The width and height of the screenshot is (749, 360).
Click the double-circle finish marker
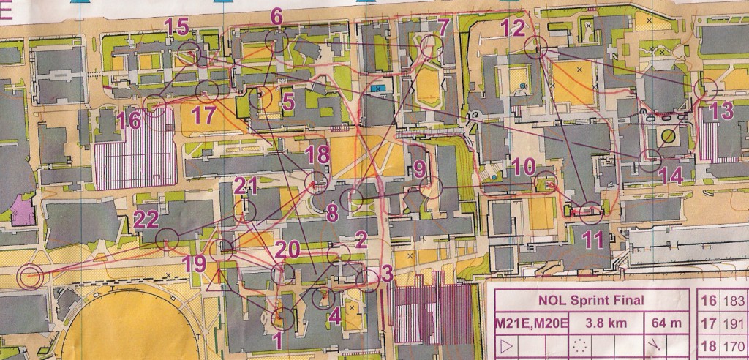click(x=29, y=277)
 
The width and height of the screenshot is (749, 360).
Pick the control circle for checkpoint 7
click(x=432, y=48)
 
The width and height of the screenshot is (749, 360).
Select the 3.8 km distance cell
click(x=598, y=321)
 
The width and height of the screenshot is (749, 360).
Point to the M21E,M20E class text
click(x=524, y=321)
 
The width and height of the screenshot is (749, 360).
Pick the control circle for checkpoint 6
click(x=276, y=40)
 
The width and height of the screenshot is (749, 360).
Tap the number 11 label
click(x=594, y=239)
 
